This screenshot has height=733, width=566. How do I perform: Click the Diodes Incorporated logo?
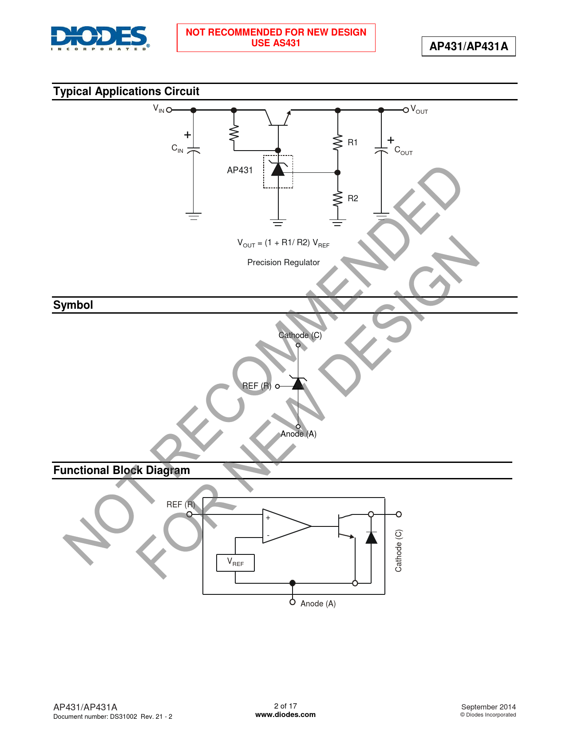[x=100, y=38]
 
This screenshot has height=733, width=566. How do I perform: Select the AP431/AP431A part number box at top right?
[x=468, y=46]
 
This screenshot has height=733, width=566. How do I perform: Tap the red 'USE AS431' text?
[x=275, y=43]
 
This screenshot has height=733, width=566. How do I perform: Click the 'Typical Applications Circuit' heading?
[x=126, y=92]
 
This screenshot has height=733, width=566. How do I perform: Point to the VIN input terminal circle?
[x=169, y=110]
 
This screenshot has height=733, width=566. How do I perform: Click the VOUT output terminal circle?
[x=406, y=110]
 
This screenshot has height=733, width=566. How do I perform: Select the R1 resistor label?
[x=352, y=142]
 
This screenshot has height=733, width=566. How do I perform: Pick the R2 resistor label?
[x=352, y=198]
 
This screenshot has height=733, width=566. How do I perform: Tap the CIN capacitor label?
[x=177, y=148]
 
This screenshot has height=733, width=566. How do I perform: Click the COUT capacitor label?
[x=403, y=151]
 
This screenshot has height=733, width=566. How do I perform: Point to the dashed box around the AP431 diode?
[x=278, y=171]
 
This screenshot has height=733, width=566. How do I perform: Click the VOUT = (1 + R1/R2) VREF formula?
[x=283, y=243]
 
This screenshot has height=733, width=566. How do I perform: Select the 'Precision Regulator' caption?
[x=283, y=263]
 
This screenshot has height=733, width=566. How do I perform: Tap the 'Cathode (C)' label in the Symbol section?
[x=300, y=335]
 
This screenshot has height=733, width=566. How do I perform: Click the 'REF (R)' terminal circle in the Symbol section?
[x=277, y=386]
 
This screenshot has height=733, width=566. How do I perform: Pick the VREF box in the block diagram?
[x=235, y=563]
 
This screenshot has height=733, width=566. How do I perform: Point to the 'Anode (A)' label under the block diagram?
[x=318, y=603]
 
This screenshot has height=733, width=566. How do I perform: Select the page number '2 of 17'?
[x=285, y=706]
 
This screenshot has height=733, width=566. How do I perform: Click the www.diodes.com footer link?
[x=285, y=714]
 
